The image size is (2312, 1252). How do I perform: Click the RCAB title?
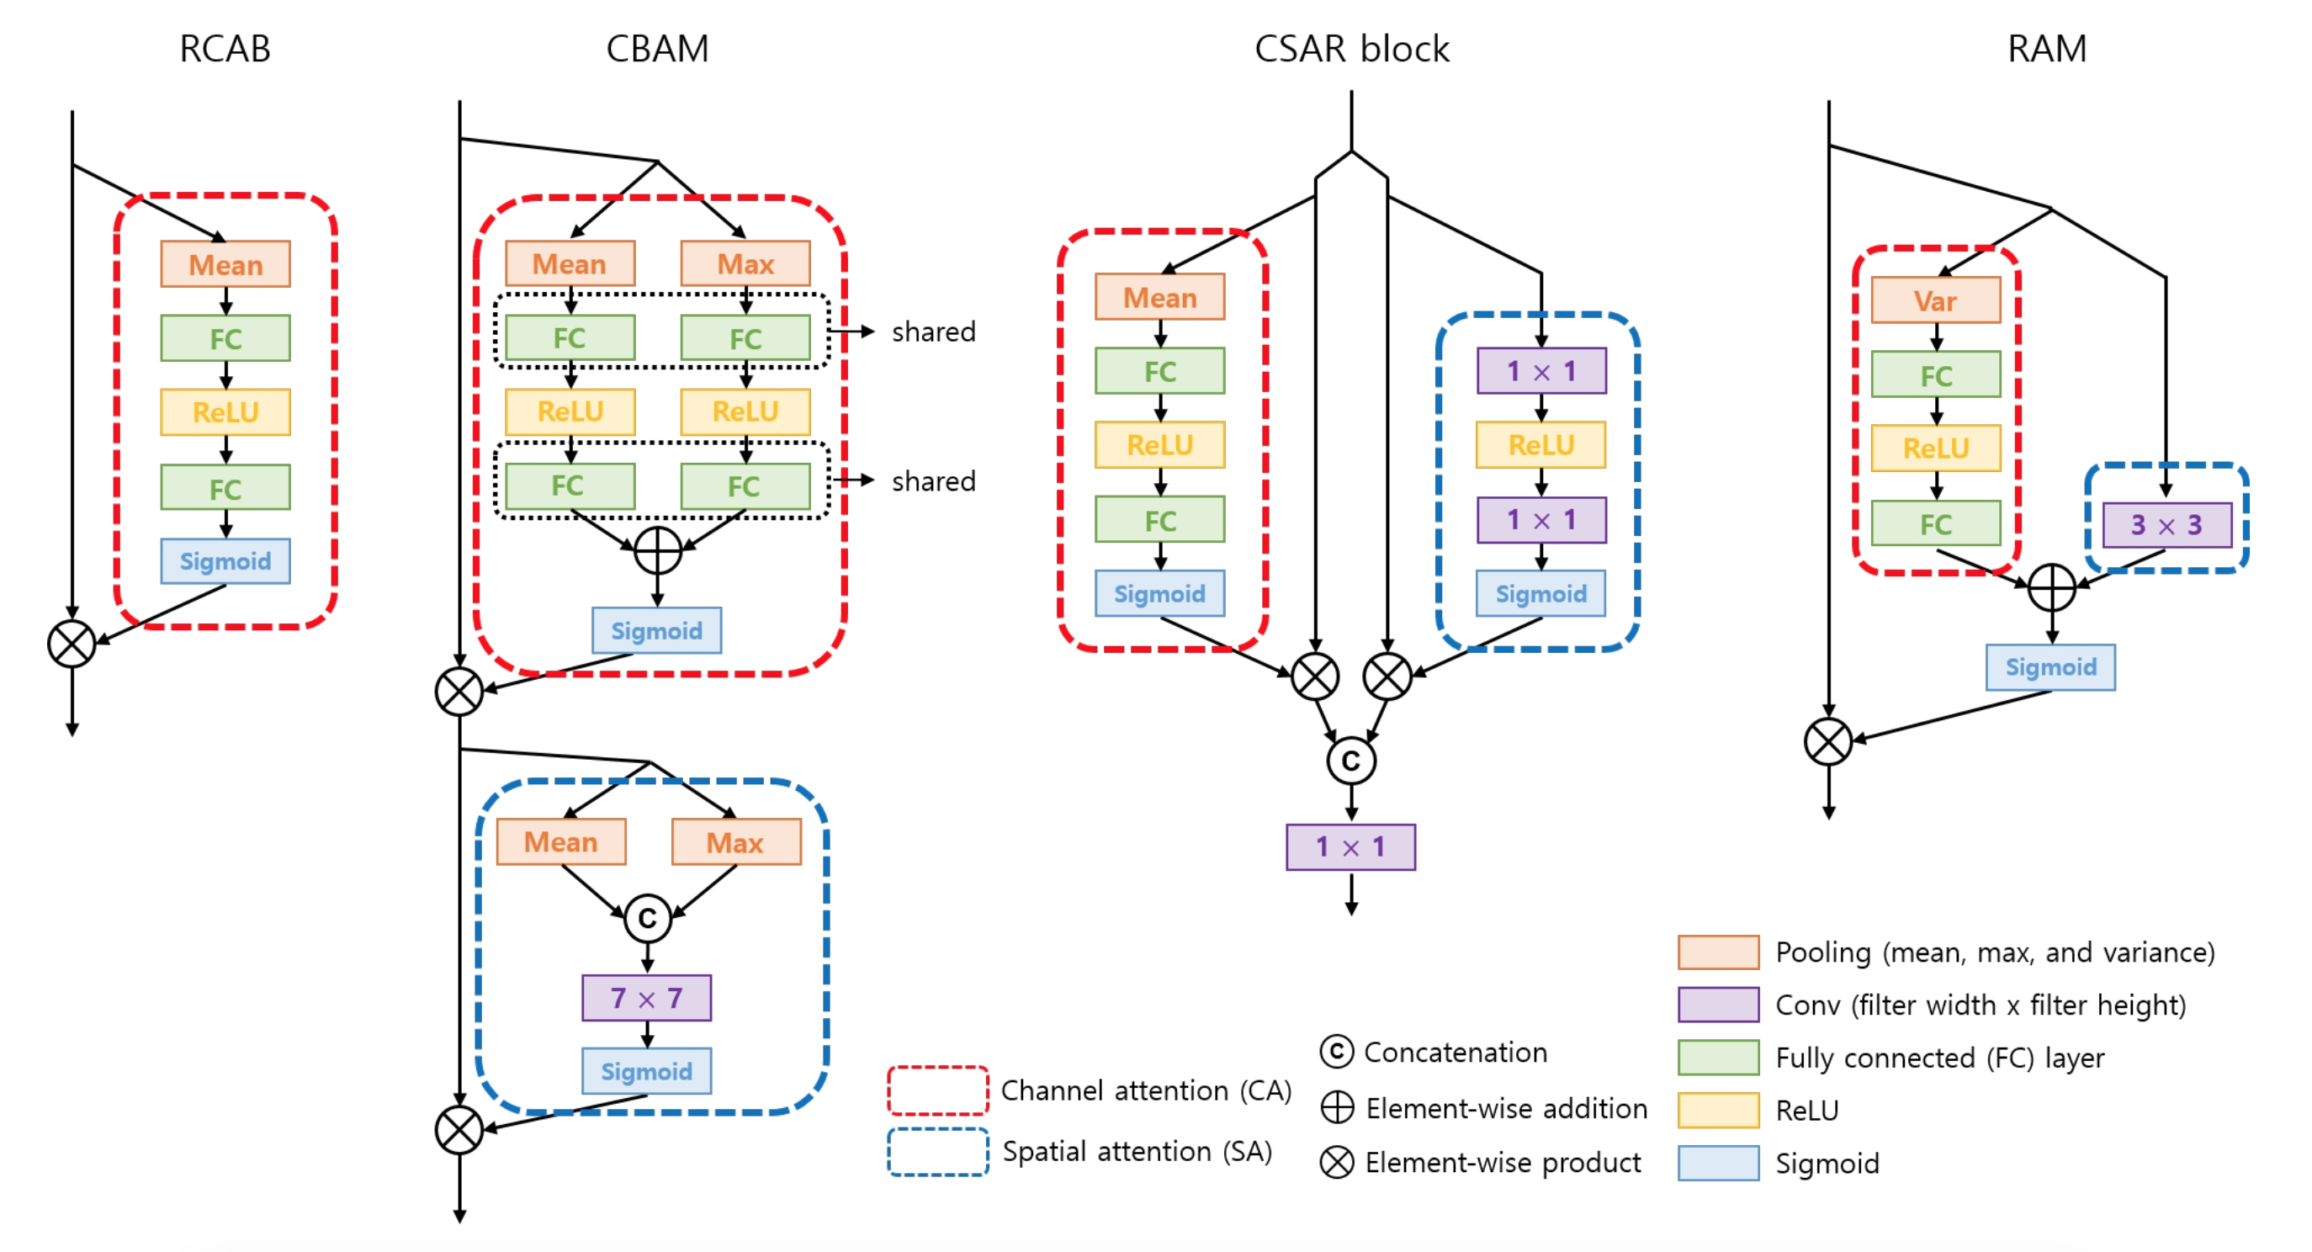225,49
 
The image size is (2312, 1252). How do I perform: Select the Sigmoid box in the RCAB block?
225,561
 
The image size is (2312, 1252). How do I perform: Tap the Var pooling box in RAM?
1935,300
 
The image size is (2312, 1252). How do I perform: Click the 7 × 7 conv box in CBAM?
646,998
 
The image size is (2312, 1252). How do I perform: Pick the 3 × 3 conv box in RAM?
2166,524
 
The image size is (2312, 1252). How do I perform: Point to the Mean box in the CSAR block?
1159,297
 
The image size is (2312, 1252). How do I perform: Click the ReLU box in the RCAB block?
225,412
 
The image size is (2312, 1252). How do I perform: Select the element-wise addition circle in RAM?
2051,588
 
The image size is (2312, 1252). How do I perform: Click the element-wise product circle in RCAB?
72,644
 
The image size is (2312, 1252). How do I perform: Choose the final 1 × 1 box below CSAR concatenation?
1350,846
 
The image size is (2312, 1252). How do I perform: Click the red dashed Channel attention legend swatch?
938,1090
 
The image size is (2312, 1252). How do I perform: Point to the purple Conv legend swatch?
1718,1005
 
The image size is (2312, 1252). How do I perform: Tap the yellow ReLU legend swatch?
1718,1110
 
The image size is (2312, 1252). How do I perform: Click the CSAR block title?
1350,49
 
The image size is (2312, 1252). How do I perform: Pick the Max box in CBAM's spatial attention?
736,842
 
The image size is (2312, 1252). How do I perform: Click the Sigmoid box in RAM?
2050,667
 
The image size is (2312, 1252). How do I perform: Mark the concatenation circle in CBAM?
647,918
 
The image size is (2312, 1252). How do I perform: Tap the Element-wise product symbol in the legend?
1336,1162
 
